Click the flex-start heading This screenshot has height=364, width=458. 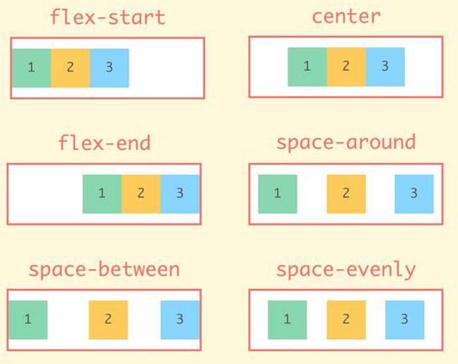click(x=107, y=16)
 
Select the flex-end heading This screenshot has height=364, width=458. click(x=104, y=142)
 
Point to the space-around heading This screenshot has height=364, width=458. click(x=345, y=142)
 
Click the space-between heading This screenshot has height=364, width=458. click(x=104, y=270)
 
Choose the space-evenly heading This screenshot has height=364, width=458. click(x=345, y=270)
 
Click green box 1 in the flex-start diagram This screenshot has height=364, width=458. click(x=31, y=67)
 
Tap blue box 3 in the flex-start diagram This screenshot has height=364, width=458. click(x=109, y=67)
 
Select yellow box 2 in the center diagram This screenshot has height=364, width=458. click(x=346, y=67)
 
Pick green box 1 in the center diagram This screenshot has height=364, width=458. click(x=307, y=67)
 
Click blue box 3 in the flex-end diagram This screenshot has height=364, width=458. click(x=180, y=194)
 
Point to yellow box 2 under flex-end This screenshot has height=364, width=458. click(x=141, y=194)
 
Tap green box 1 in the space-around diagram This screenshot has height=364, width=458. click(x=278, y=194)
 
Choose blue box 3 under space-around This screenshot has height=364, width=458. click(x=414, y=194)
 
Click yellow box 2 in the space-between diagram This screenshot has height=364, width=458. click(x=108, y=319)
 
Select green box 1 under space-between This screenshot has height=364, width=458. click(x=28, y=319)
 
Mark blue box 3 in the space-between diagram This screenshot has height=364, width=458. click(x=180, y=319)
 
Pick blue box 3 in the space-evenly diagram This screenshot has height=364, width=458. click(x=405, y=319)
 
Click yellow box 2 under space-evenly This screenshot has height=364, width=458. click(x=346, y=319)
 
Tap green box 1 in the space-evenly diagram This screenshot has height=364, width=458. click(x=288, y=319)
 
